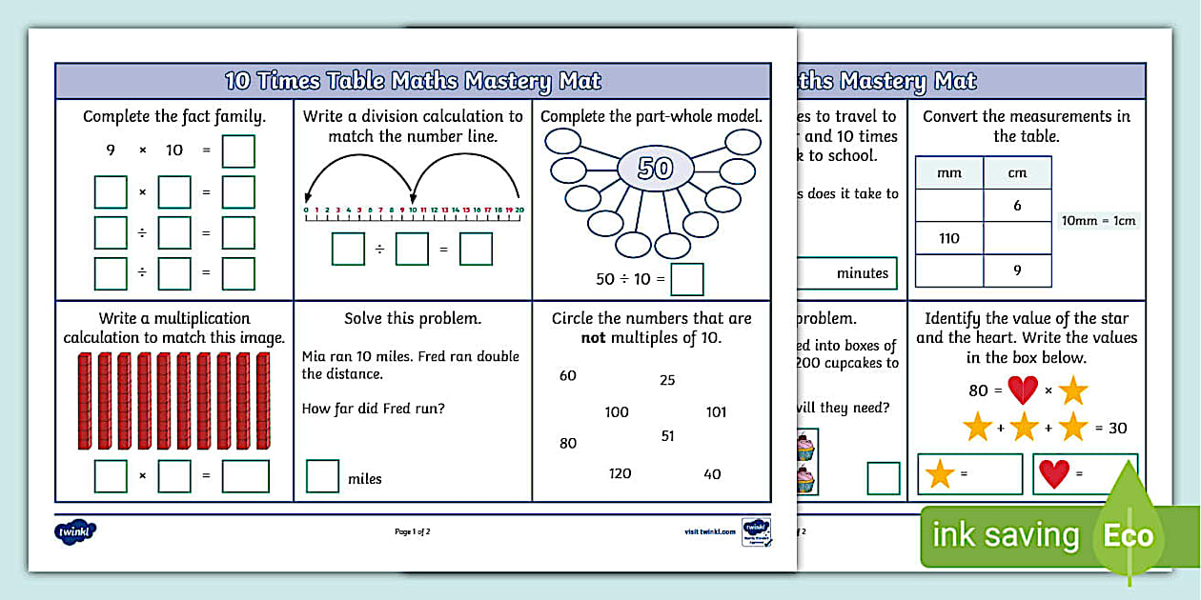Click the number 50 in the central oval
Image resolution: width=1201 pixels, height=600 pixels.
[655, 169]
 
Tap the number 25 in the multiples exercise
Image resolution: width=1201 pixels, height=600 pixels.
[667, 380]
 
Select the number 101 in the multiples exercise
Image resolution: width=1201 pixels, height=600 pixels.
[716, 412]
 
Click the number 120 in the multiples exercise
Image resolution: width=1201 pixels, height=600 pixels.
[620, 473]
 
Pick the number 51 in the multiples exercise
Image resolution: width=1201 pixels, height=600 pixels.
[667, 435]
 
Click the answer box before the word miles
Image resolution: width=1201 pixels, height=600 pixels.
[322, 476]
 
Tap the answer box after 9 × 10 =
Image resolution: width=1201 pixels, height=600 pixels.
[238, 151]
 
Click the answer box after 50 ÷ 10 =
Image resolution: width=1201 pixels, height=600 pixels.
[687, 279]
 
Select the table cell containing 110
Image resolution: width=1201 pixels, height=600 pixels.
[948, 238]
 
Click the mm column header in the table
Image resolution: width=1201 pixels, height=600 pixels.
[948, 173]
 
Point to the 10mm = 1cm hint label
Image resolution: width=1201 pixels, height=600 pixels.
[1099, 221]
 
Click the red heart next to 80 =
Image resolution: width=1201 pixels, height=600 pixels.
[1023, 390]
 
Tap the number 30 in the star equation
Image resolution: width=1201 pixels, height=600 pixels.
[1117, 428]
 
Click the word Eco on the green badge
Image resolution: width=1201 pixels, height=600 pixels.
[1129, 535]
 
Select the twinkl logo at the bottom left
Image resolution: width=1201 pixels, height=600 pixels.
[76, 531]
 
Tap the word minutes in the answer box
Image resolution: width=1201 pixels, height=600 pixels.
[862, 273]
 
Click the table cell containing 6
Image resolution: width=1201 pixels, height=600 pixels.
[1017, 206]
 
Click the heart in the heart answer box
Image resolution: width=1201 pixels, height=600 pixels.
[1053, 474]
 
